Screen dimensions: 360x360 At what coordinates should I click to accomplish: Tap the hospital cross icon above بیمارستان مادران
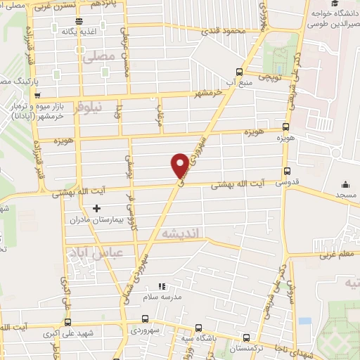(97, 207)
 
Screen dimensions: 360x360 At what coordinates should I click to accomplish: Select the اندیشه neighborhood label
(180, 233)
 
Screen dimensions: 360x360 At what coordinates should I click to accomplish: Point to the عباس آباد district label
(94, 252)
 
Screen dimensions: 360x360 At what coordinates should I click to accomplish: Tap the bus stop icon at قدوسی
(286, 171)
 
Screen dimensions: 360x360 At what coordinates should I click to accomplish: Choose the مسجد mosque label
(345, 193)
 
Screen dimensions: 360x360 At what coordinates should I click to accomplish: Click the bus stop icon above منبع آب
(240, 72)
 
